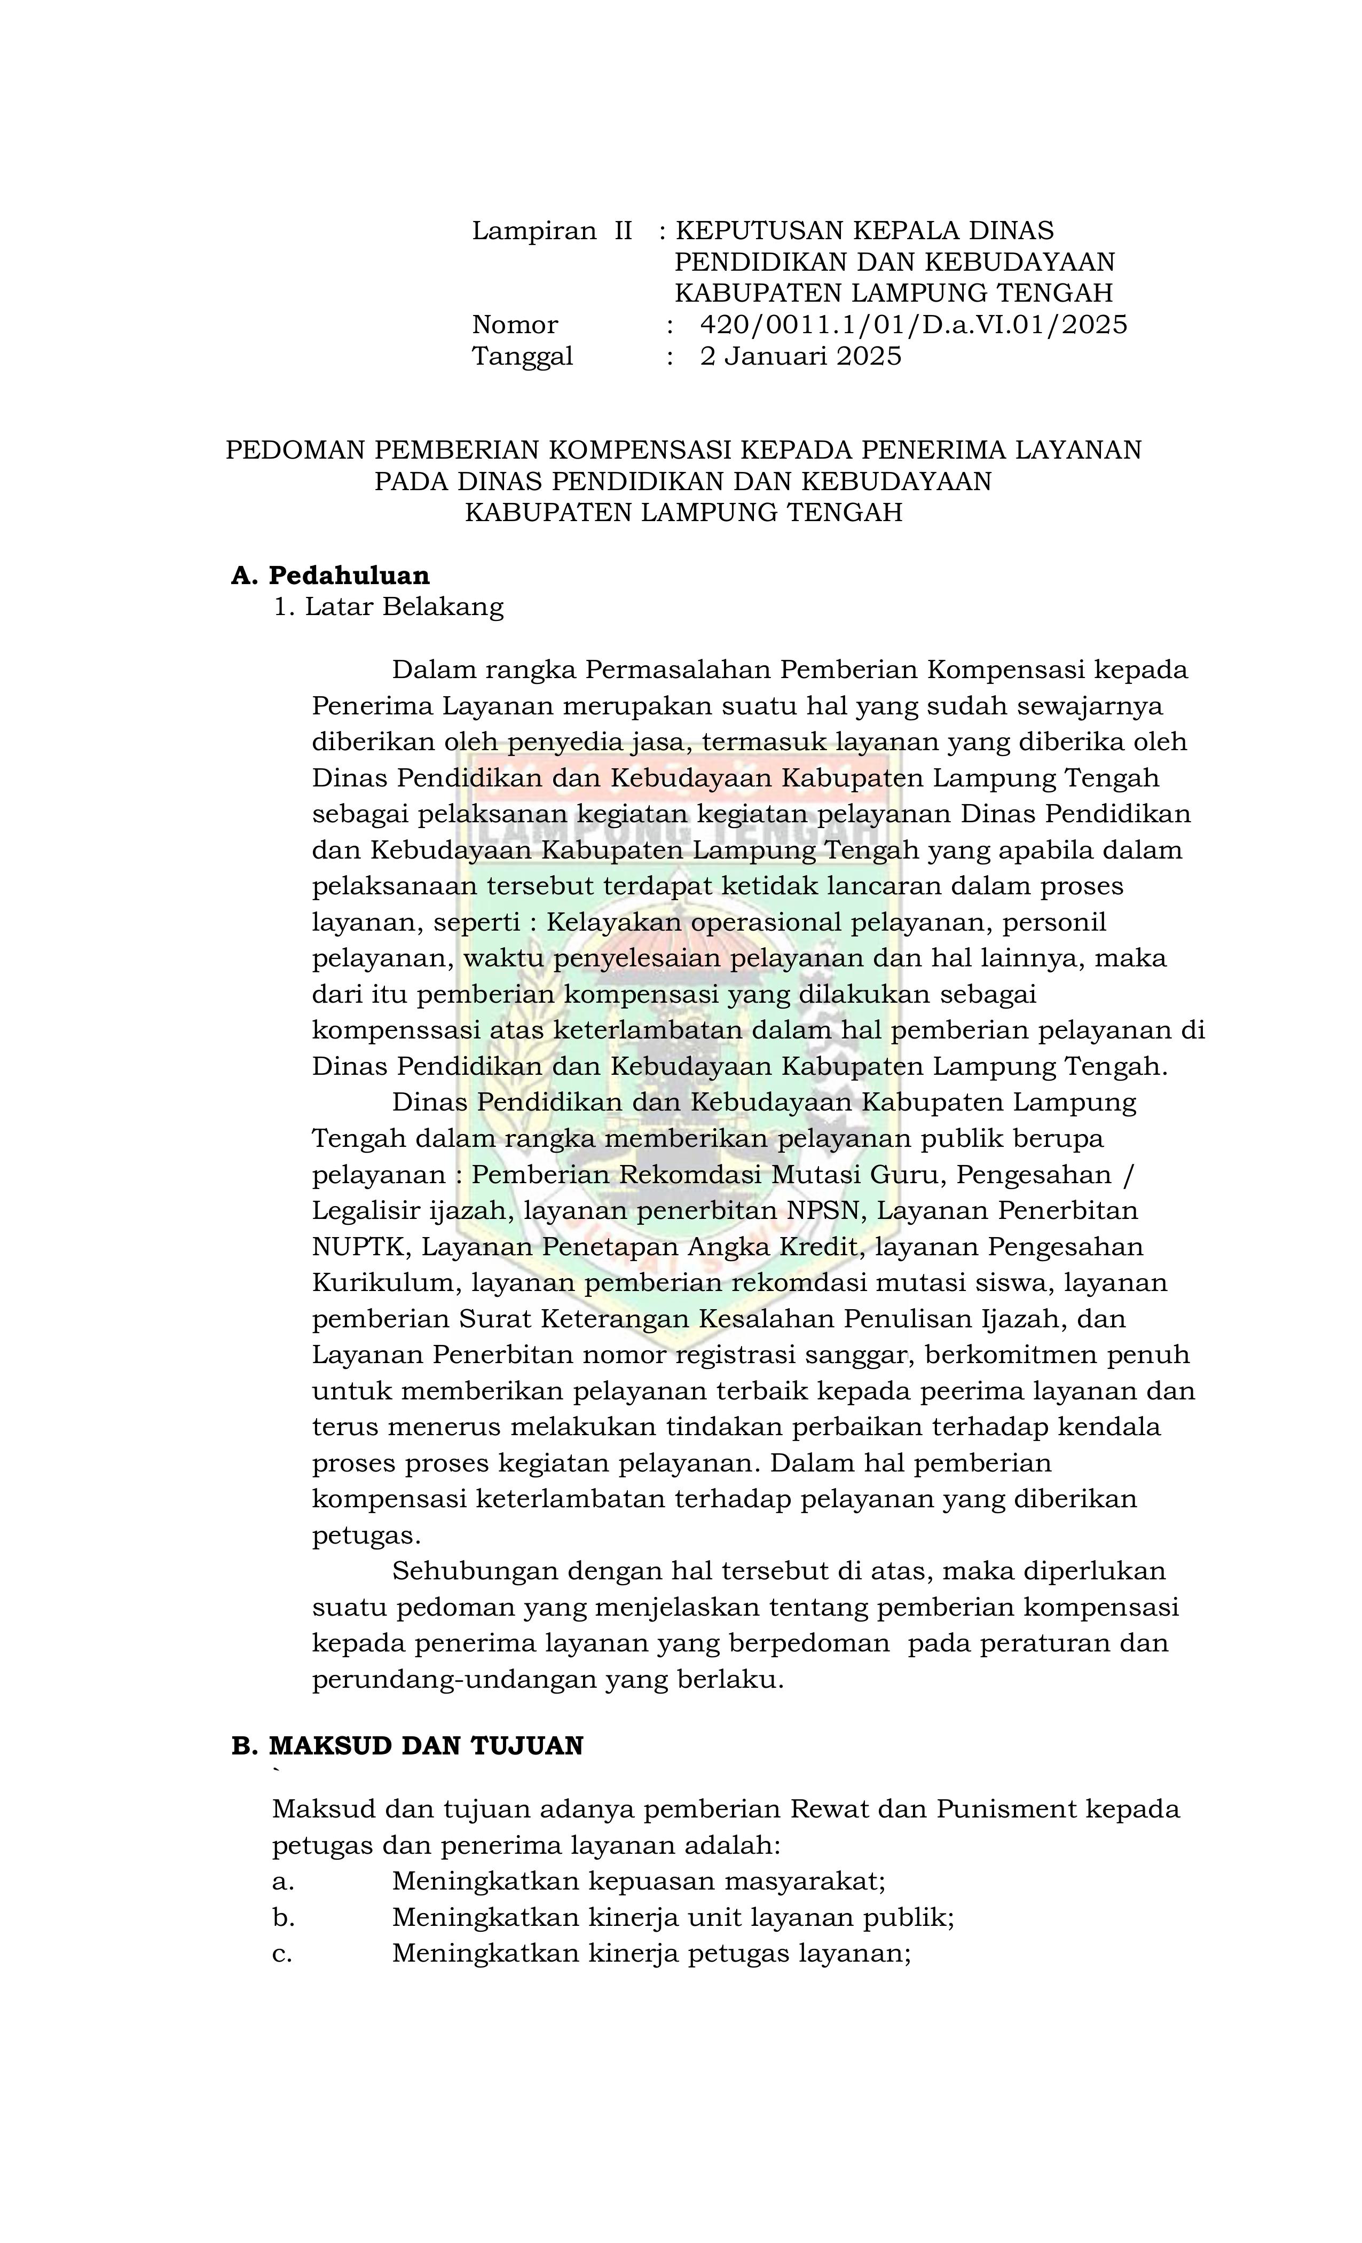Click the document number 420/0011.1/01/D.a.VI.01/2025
click(913, 325)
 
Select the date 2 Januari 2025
click(800, 356)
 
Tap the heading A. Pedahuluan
click(330, 576)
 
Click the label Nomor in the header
click(514, 325)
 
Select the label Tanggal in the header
click(522, 356)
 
